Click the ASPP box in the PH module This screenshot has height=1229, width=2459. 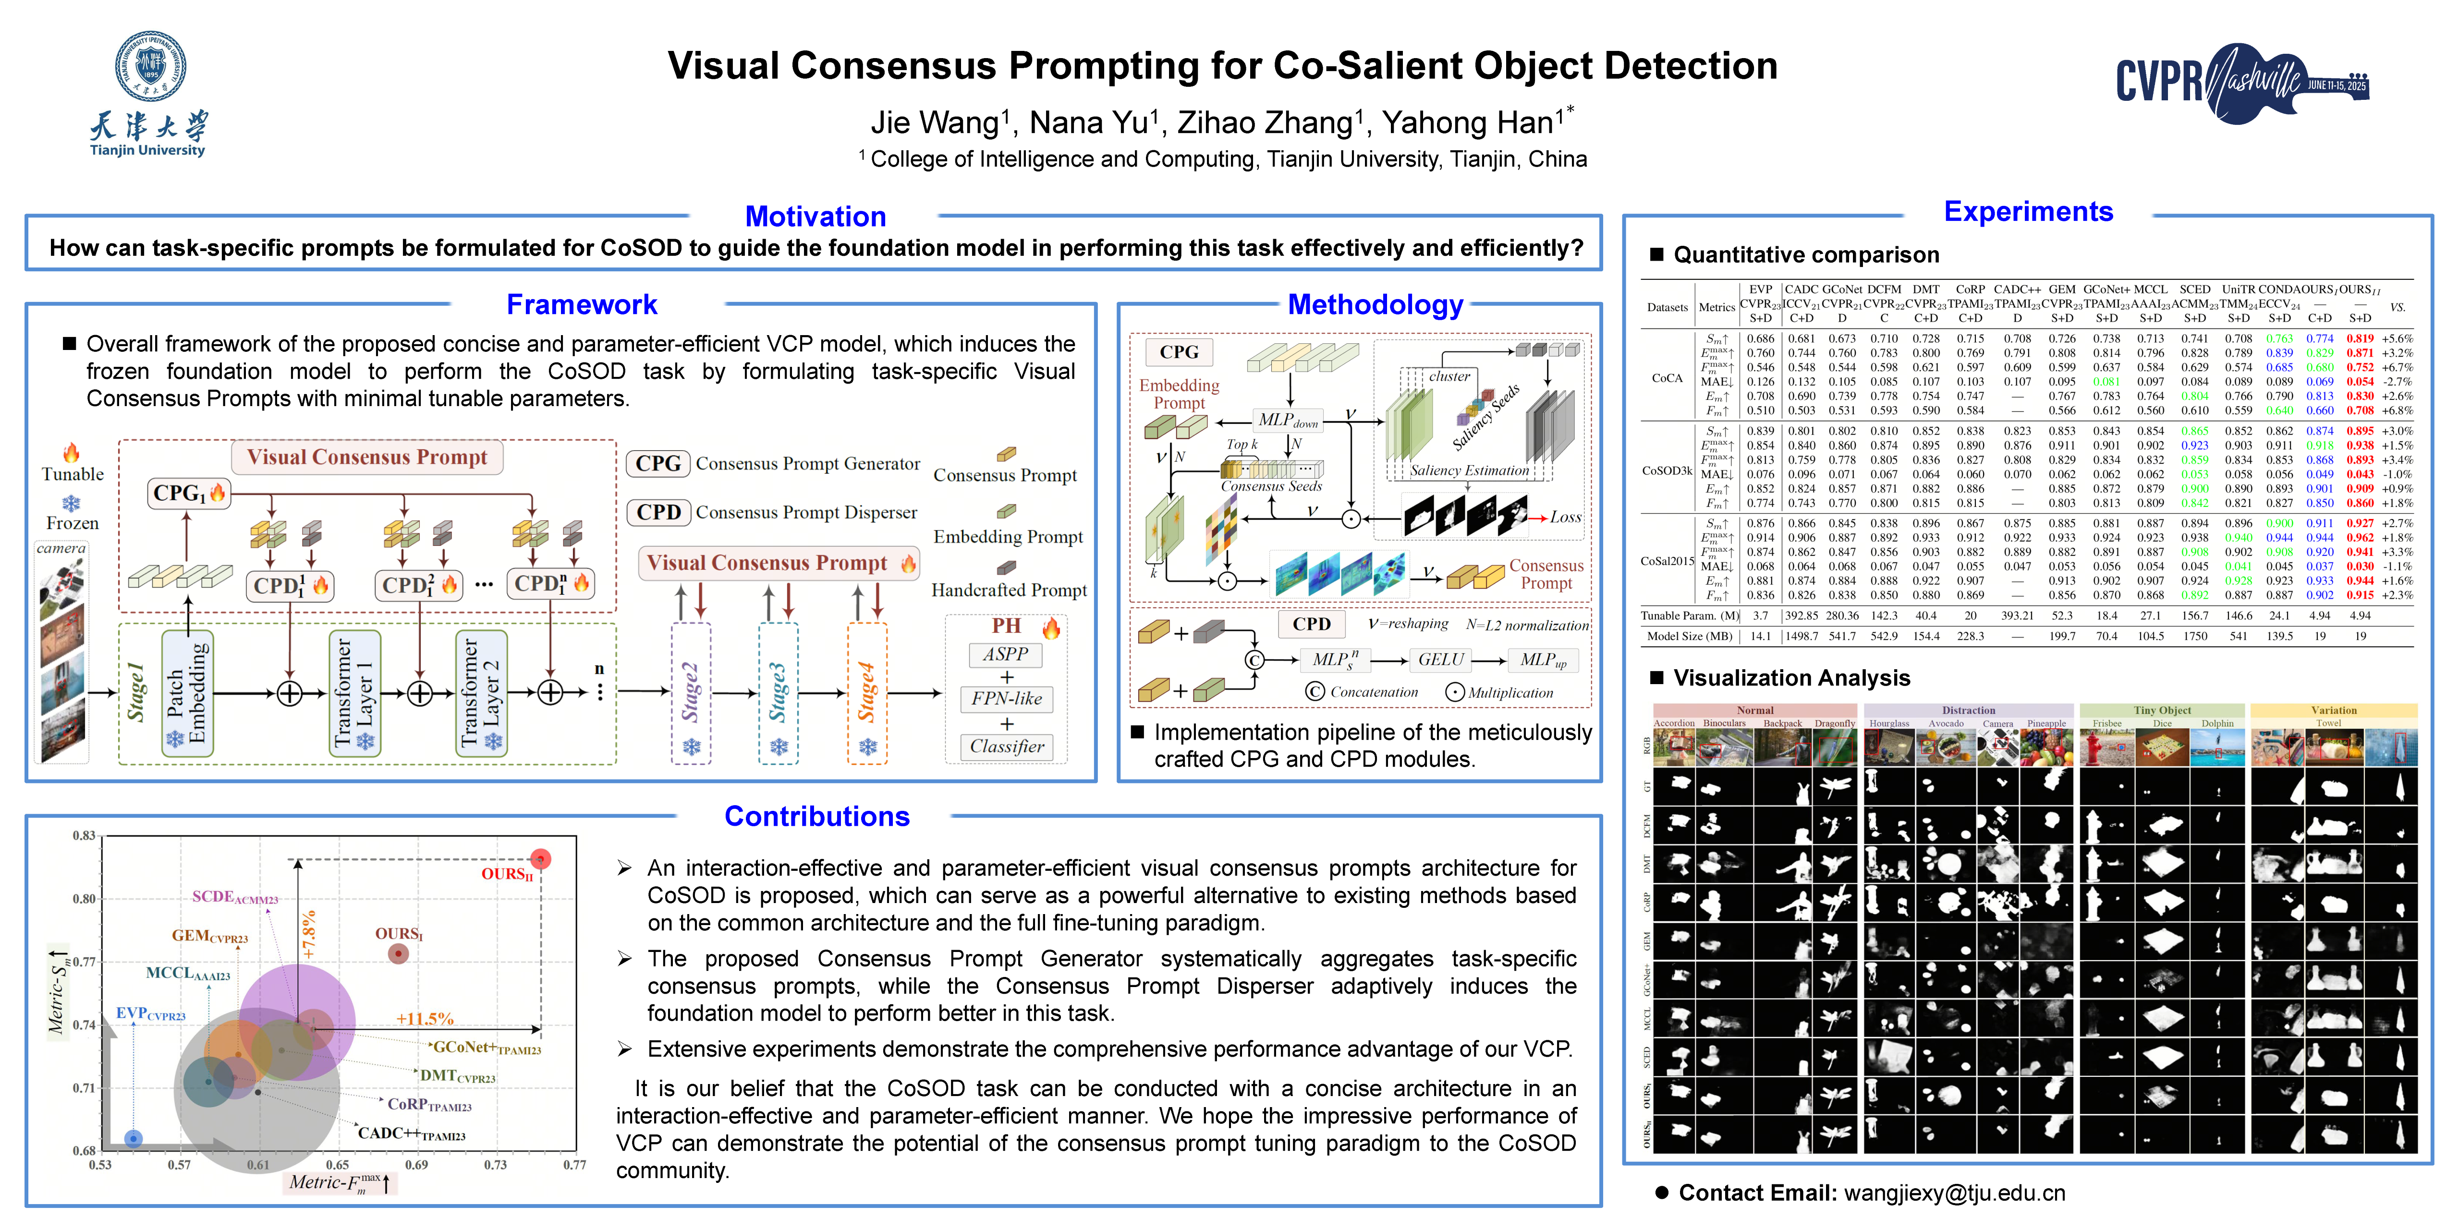pyautogui.click(x=1006, y=654)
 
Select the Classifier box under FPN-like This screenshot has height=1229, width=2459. pyautogui.click(x=1006, y=746)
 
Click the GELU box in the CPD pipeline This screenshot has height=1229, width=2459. pyautogui.click(x=1439, y=659)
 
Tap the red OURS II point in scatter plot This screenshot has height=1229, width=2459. pyautogui.click(x=540, y=859)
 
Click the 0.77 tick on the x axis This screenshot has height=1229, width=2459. pyautogui.click(x=574, y=1165)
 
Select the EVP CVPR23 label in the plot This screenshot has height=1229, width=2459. pyautogui.click(x=150, y=1013)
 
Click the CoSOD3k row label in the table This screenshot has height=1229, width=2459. pyautogui.click(x=1667, y=470)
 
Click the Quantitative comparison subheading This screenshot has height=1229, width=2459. pyautogui.click(x=1805, y=255)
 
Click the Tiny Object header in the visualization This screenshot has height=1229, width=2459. pyautogui.click(x=2162, y=710)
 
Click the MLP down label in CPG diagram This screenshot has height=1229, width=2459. pyautogui.click(x=1287, y=420)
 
